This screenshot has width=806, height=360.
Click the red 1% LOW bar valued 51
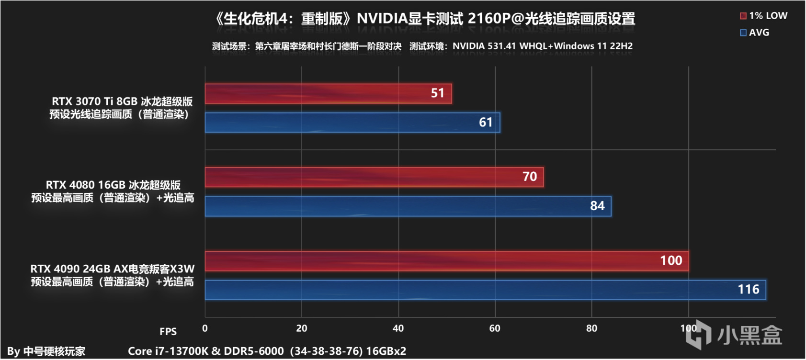[328, 94]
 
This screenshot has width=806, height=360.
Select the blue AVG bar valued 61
[352, 123]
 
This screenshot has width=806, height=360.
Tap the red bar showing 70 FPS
[374, 177]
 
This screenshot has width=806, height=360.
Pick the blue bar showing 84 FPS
[408, 206]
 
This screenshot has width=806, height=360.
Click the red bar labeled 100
[446, 261]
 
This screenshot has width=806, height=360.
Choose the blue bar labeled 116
[485, 290]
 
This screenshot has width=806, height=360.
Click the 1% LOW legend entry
[763, 16]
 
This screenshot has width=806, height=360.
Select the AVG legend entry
[755, 33]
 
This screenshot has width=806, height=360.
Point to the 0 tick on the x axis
[205, 328]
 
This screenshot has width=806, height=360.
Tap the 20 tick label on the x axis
[302, 328]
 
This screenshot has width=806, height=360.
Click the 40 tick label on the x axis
[398, 328]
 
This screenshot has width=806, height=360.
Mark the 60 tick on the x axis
[495, 328]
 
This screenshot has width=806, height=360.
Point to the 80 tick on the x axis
[591, 328]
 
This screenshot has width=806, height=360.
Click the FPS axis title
[168, 332]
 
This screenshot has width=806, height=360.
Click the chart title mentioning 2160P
[424, 19]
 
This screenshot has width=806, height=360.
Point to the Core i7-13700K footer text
[267, 351]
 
